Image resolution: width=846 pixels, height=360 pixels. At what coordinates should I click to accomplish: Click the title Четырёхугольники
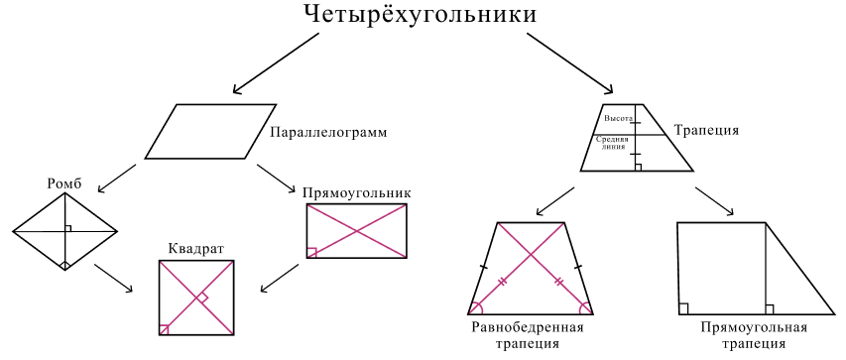421,16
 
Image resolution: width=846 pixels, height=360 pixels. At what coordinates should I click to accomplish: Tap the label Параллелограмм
327,132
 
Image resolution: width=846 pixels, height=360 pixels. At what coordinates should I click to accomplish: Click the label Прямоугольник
357,192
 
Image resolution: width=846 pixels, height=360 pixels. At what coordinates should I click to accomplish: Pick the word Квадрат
196,248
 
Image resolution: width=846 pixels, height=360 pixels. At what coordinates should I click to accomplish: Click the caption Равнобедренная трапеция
526,335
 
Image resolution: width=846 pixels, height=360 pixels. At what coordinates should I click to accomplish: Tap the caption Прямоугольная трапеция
754,335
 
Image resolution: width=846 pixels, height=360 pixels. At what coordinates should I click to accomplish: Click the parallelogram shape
210,131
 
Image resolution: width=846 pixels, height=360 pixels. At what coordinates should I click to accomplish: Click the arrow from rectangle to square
280,277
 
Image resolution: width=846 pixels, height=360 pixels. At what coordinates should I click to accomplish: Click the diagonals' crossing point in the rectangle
356,231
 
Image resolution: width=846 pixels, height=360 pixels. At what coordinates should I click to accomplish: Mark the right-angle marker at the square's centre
201,298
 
